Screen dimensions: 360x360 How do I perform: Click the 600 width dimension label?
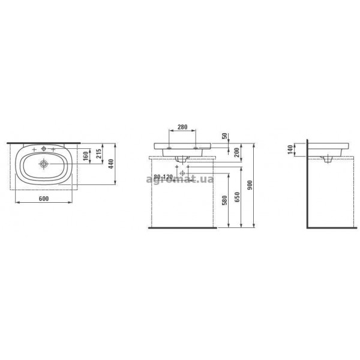44,199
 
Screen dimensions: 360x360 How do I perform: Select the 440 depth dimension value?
111,164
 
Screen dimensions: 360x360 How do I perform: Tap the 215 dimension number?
98,154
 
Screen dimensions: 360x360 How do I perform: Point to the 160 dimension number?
86,156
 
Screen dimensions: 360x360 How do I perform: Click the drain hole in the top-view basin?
44,164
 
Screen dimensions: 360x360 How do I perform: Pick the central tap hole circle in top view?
44,149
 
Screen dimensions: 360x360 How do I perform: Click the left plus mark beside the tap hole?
34,149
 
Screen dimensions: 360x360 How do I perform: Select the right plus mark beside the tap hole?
53,149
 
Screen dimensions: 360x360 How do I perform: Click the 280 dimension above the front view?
182,127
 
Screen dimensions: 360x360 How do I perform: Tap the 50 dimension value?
225,136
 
